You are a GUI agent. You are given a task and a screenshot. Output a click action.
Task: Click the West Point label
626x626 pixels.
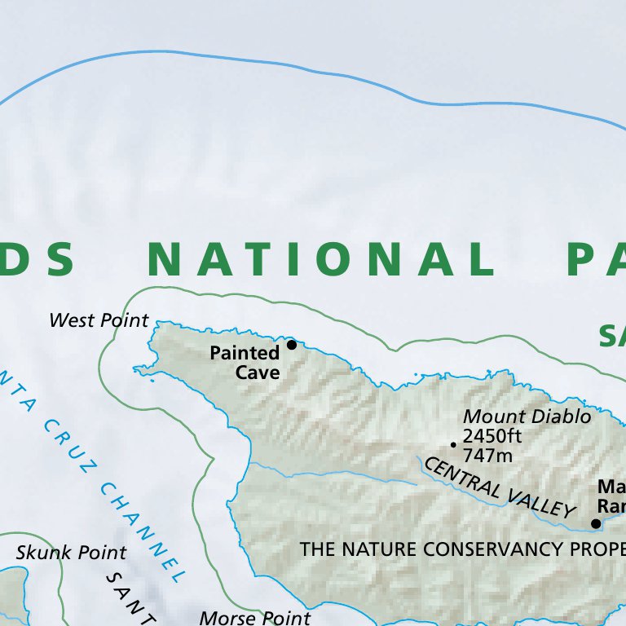[99, 320]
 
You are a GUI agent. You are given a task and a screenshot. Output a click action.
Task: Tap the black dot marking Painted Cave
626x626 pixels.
[292, 345]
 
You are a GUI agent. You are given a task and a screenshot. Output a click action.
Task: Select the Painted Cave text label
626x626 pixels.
[245, 363]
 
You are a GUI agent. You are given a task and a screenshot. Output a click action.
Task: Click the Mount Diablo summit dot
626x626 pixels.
[453, 444]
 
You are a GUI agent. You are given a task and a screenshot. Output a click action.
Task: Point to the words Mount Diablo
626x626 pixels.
[527, 417]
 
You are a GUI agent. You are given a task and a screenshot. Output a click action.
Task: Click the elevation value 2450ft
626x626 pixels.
[492, 435]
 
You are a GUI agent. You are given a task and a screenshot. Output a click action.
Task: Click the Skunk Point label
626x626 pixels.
[71, 553]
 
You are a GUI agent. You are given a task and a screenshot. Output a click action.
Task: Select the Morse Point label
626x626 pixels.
[254, 618]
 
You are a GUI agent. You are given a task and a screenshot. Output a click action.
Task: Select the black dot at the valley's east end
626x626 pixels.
[596, 523]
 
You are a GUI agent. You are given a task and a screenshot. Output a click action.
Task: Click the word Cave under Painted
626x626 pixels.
[258, 373]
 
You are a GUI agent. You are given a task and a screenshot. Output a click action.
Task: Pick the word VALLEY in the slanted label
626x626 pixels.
[536, 500]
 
